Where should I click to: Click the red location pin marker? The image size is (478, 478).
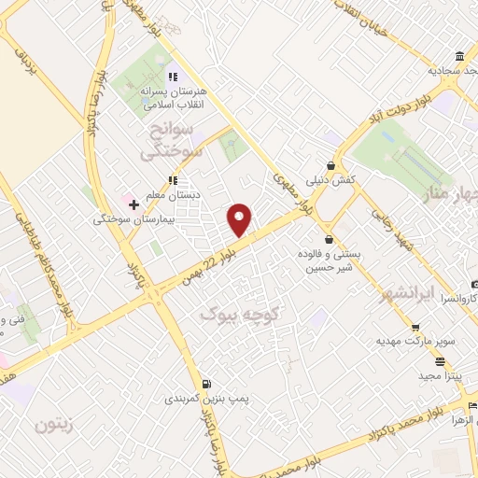(x=240, y=218)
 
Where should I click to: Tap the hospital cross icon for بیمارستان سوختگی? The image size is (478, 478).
(x=134, y=204)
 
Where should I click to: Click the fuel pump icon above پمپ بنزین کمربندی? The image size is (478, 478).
(x=206, y=383)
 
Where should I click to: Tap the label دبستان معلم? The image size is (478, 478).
(x=172, y=194)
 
